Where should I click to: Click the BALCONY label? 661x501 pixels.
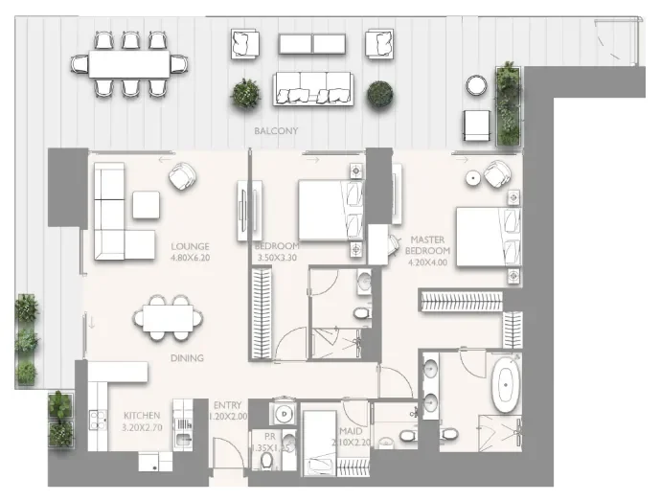[x=276, y=130]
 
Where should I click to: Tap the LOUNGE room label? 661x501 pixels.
[x=190, y=245]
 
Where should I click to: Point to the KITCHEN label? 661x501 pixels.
[x=142, y=415]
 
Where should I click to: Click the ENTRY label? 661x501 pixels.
[x=228, y=404]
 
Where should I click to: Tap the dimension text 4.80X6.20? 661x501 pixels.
[x=190, y=257]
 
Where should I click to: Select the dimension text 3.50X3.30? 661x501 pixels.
[x=278, y=257]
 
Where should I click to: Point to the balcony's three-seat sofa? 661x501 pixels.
[x=313, y=88]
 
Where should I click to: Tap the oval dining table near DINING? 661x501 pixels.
[x=168, y=315]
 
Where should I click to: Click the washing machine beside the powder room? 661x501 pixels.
[x=284, y=414]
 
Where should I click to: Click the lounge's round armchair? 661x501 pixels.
[x=182, y=175]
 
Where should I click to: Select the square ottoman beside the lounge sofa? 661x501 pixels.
[x=146, y=204]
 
